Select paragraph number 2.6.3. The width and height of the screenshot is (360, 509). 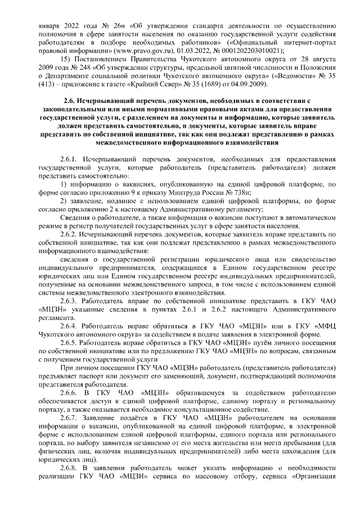(x=67, y=301)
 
